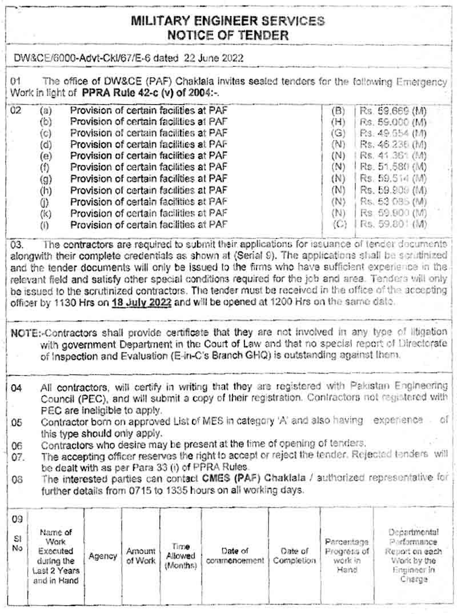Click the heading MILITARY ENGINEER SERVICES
point(228,21)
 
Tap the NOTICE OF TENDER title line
point(228,35)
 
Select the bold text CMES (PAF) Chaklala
point(256,479)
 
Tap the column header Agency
point(103,556)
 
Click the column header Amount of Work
point(141,556)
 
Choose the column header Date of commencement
point(235,556)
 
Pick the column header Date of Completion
point(294,556)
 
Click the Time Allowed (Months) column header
point(181,556)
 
